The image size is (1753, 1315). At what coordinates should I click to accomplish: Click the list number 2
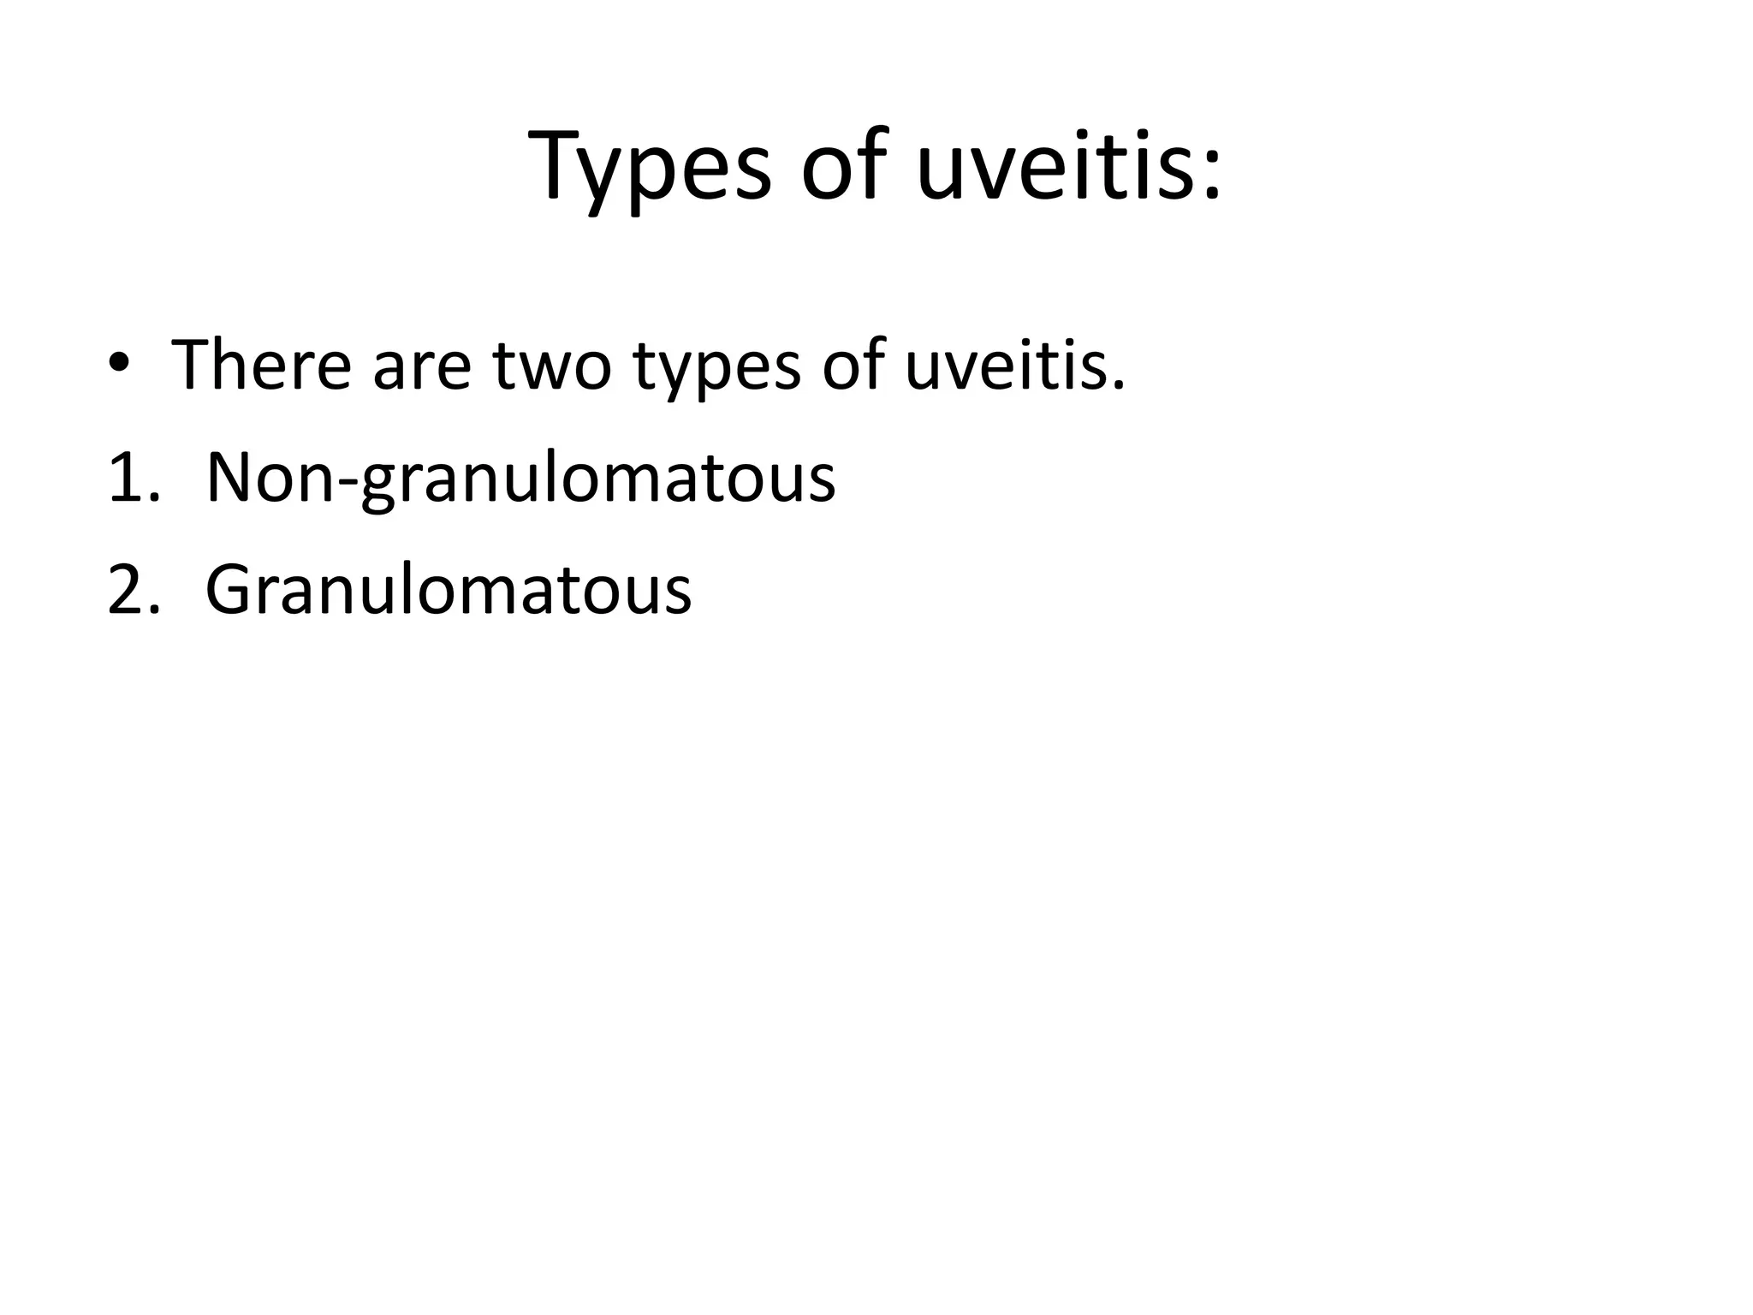[x=128, y=590]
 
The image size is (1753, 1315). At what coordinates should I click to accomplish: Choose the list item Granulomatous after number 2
[x=449, y=590]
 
